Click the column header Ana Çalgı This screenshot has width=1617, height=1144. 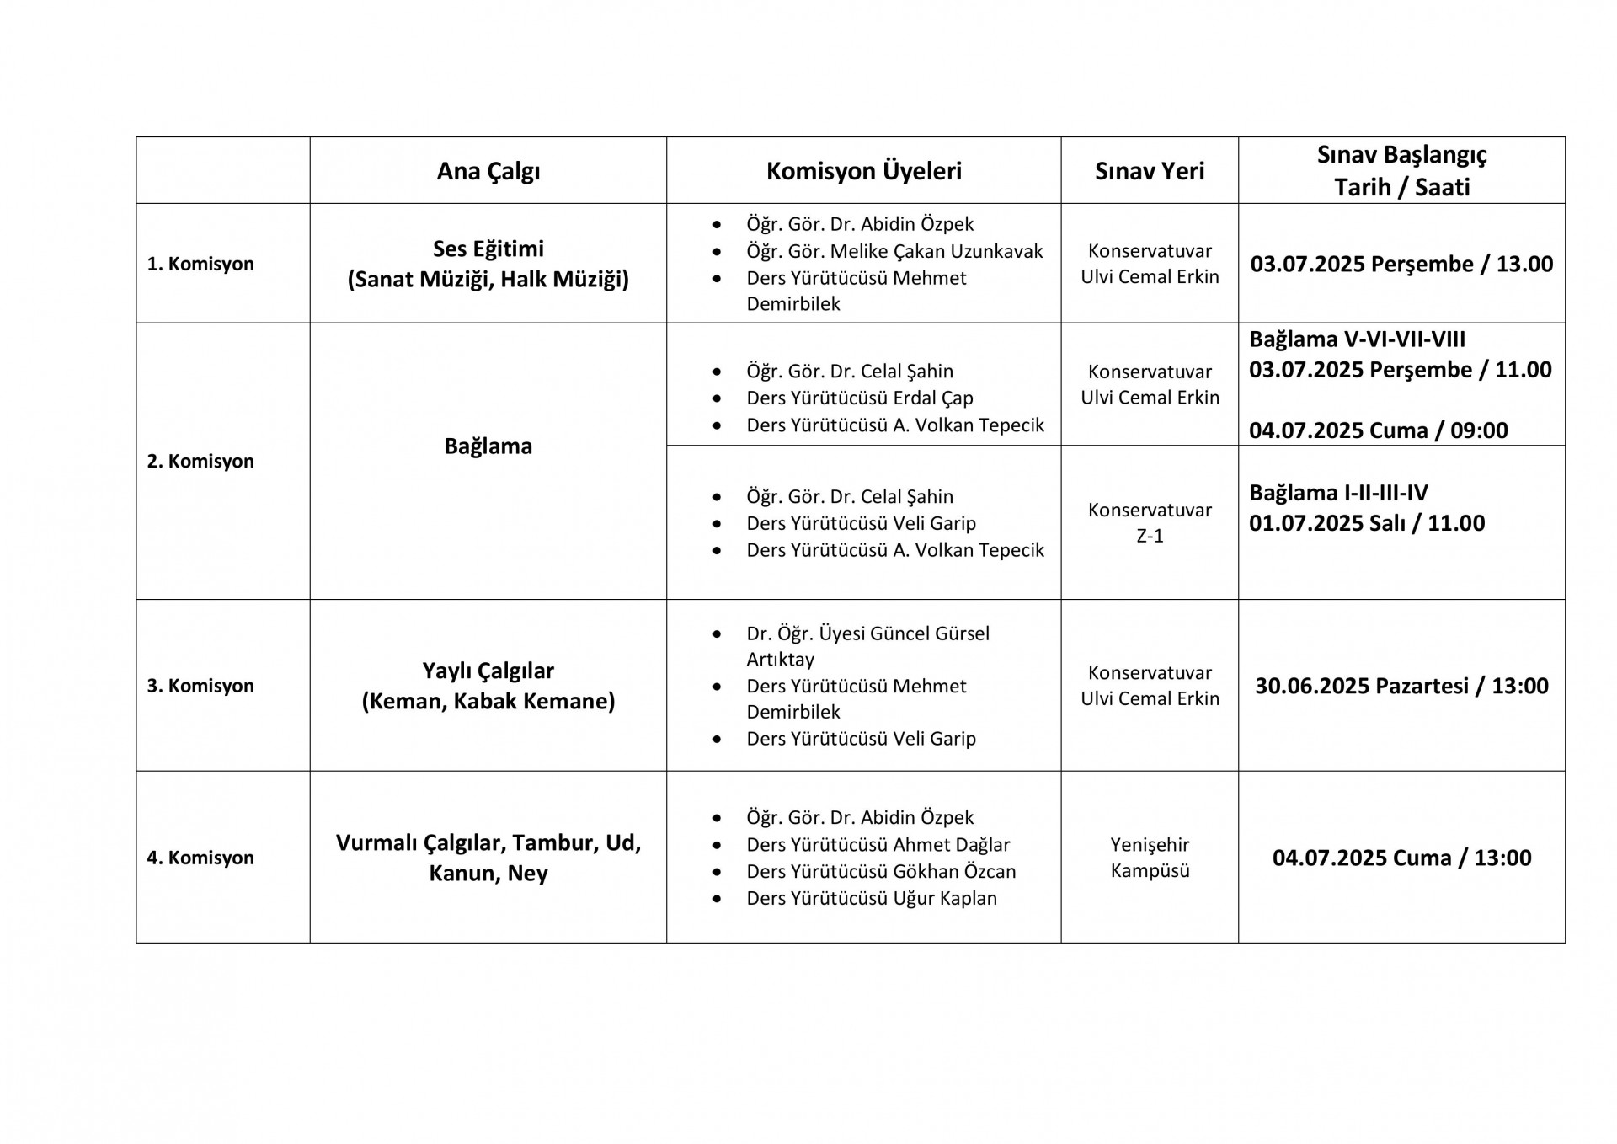click(x=488, y=171)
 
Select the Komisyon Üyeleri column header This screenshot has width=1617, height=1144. click(x=863, y=171)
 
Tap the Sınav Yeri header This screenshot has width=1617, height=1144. click(x=1149, y=171)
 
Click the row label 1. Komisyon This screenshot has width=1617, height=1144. click(x=200, y=264)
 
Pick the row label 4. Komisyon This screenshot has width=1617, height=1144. click(x=200, y=858)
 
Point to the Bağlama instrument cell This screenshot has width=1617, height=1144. click(x=488, y=446)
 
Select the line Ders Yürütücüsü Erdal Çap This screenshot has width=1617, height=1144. click(x=859, y=398)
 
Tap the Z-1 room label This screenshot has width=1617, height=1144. click(x=1150, y=536)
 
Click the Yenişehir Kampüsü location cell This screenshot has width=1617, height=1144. click(x=1150, y=858)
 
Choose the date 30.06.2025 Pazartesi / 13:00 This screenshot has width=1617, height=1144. click(x=1401, y=686)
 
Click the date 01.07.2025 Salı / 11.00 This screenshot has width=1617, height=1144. click(x=1366, y=523)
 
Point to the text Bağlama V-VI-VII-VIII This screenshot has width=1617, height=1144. click(x=1357, y=339)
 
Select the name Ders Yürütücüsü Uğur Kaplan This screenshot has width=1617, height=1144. click(x=871, y=898)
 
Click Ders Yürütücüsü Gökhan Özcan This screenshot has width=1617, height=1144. click(x=881, y=871)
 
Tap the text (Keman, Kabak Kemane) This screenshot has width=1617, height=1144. click(x=488, y=701)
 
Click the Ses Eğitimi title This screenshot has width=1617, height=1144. click(x=488, y=249)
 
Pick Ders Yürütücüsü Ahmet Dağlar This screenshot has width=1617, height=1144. click(x=878, y=844)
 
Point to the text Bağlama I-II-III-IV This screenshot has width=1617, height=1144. click(x=1338, y=493)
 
